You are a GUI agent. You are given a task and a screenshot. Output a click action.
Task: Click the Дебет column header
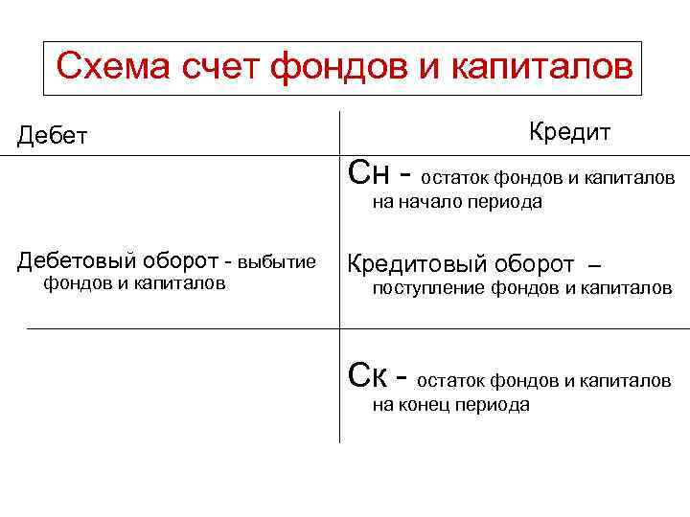click(52, 137)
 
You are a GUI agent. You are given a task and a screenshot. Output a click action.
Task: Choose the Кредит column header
click(570, 131)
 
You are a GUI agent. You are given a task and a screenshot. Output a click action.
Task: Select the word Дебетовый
click(79, 261)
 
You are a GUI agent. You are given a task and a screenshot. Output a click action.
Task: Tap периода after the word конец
click(498, 405)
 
